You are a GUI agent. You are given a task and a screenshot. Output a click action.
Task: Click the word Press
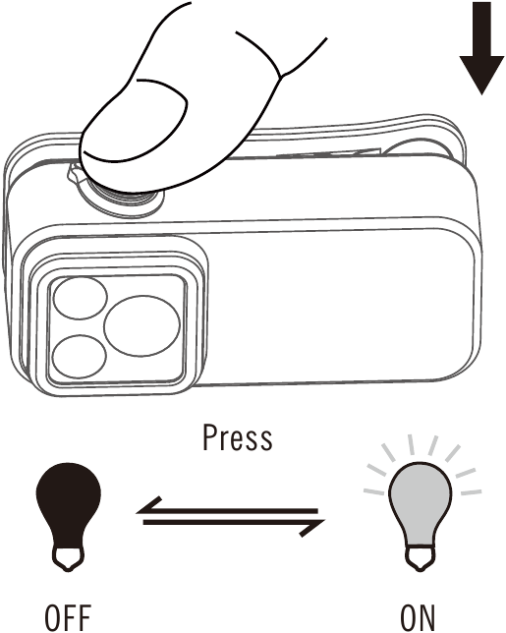(237, 437)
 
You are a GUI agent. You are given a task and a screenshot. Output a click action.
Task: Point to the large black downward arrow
(481, 47)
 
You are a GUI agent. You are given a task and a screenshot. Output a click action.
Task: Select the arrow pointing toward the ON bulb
(235, 525)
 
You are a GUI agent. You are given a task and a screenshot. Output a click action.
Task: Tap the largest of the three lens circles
(141, 325)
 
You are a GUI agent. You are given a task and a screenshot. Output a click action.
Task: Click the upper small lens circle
(81, 298)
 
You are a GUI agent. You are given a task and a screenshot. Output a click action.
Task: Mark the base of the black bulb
(69, 558)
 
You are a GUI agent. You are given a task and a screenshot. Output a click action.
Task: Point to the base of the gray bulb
(421, 558)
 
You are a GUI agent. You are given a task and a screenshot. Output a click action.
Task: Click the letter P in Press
(209, 437)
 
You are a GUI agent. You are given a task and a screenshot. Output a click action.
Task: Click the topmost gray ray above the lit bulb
(411, 444)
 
